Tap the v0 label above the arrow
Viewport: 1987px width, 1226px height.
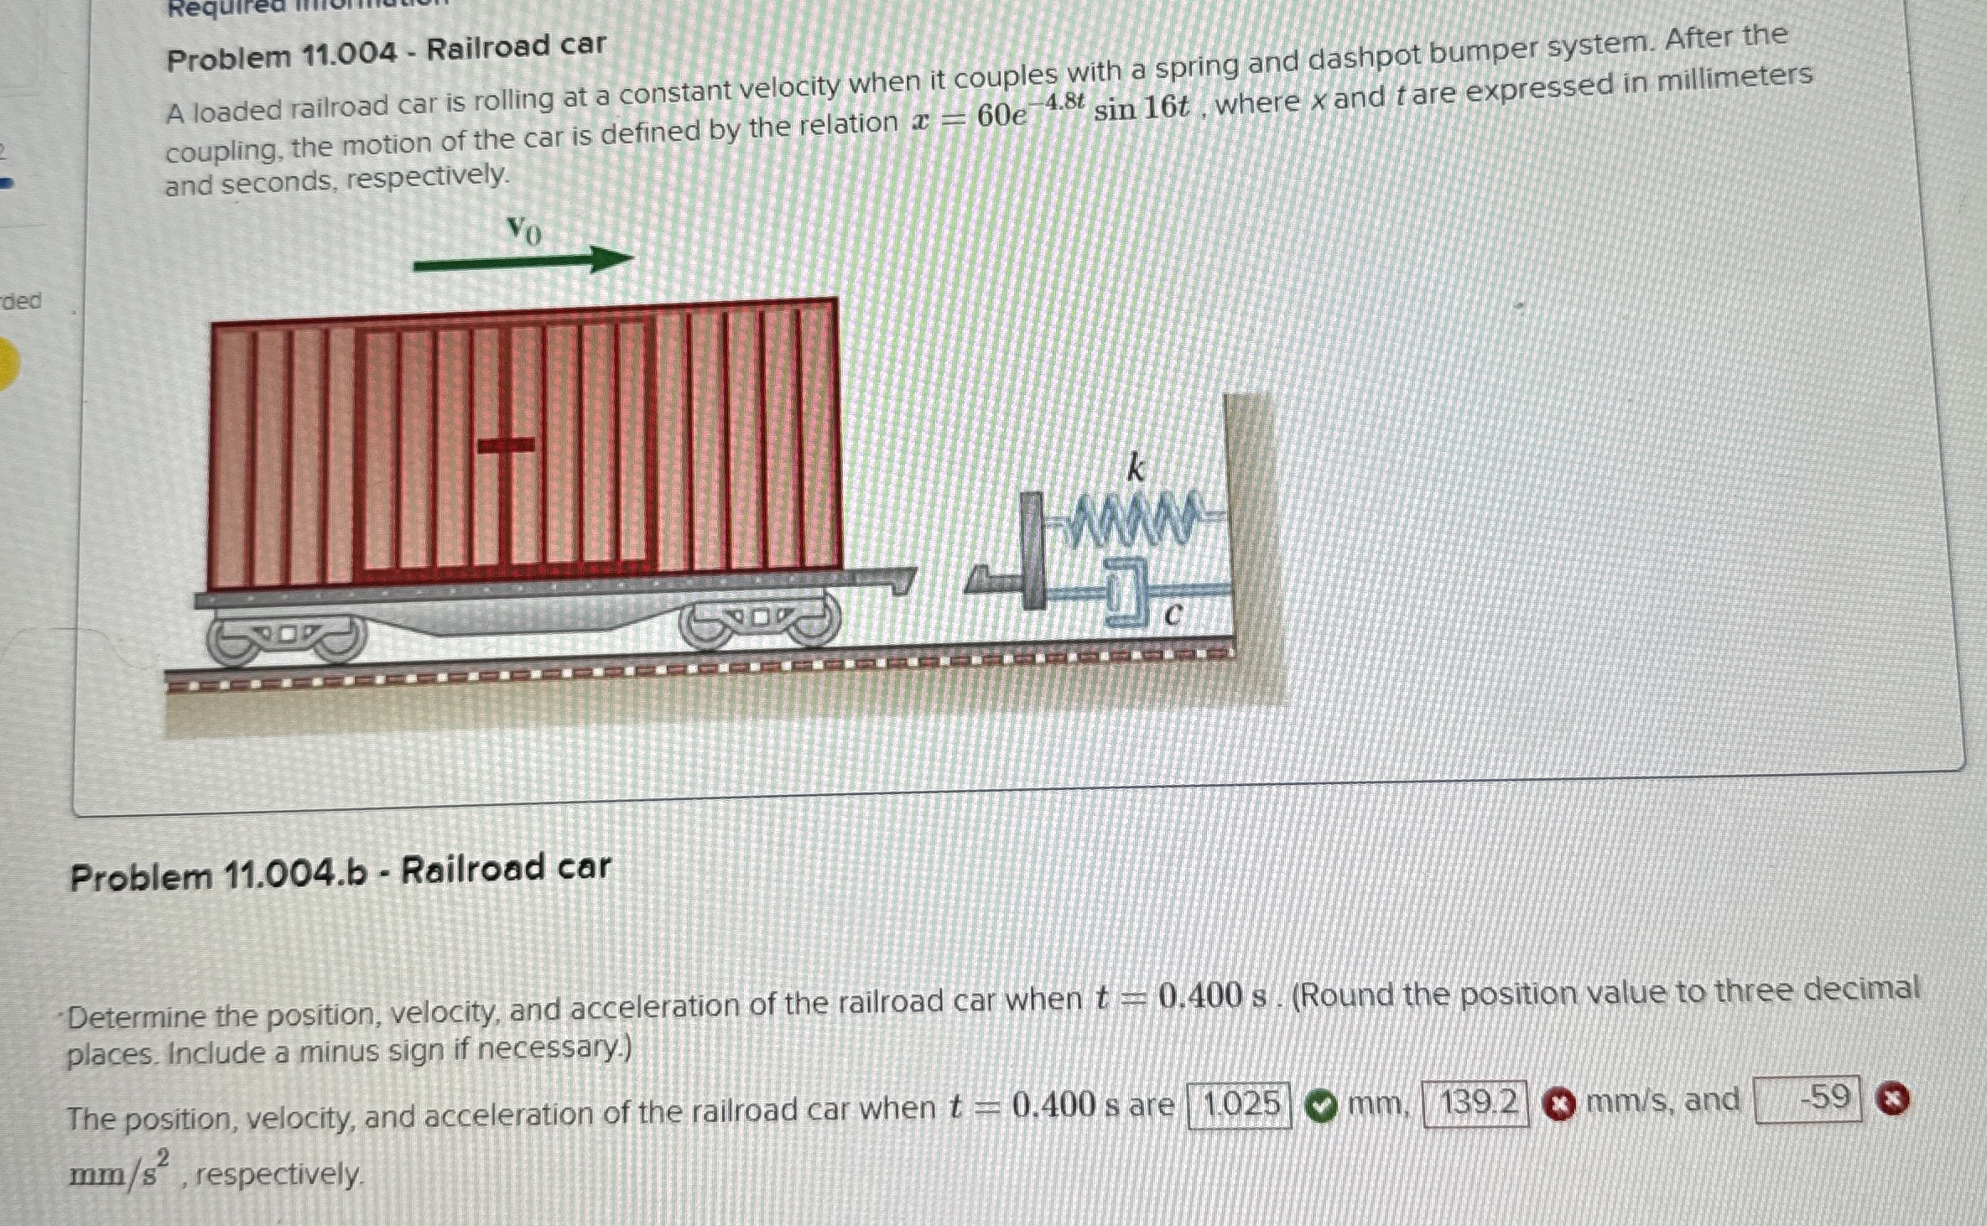[524, 229]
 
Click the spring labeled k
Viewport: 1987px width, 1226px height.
[1132, 517]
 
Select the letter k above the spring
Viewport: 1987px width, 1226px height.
[1136, 468]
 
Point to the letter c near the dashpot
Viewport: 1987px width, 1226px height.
[1173, 616]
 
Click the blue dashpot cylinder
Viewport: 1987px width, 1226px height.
[1128, 594]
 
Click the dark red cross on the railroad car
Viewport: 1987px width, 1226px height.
[506, 444]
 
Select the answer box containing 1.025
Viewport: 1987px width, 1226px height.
[1240, 1105]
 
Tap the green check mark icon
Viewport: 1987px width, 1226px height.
[1322, 1106]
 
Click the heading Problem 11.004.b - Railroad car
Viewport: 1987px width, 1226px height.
[341, 872]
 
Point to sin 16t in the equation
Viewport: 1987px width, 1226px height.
[1141, 107]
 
